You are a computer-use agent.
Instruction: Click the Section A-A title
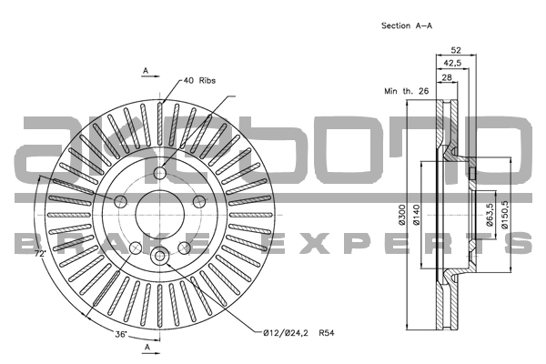[407, 25]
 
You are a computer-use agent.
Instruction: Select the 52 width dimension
[456, 50]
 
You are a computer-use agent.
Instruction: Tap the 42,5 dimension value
[452, 63]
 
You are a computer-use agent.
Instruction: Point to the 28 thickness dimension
[447, 77]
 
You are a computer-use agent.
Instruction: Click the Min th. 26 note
[406, 91]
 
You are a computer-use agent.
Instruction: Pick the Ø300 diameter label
[401, 215]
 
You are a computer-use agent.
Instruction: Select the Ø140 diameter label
[416, 215]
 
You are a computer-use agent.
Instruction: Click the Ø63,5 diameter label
[490, 215]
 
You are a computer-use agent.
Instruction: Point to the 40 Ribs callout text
[199, 80]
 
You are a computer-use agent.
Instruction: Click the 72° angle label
[40, 254]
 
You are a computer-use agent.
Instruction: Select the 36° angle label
[121, 334]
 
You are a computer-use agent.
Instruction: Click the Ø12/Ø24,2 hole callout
[286, 333]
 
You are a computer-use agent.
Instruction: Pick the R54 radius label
[327, 333]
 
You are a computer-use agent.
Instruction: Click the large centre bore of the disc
[159, 214]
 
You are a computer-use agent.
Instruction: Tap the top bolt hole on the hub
[159, 172]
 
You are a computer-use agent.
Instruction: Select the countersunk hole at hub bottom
[159, 256]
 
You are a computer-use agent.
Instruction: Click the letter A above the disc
[146, 71]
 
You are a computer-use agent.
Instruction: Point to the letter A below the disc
[147, 347]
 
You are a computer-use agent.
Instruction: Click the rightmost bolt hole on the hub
[198, 201]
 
